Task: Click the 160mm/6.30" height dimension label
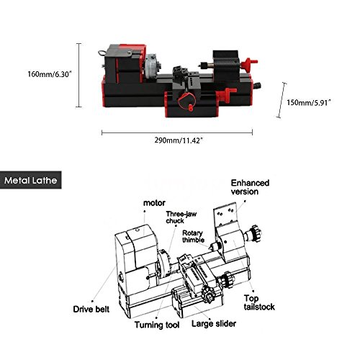50,74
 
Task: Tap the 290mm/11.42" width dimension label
179,140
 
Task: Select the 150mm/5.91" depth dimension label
309,103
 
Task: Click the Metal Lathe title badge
31,180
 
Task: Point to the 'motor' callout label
154,203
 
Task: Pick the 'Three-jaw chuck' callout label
181,217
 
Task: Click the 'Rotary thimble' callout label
193,236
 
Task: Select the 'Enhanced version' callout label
250,187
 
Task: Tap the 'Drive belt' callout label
91,309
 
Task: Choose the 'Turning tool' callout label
157,325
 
